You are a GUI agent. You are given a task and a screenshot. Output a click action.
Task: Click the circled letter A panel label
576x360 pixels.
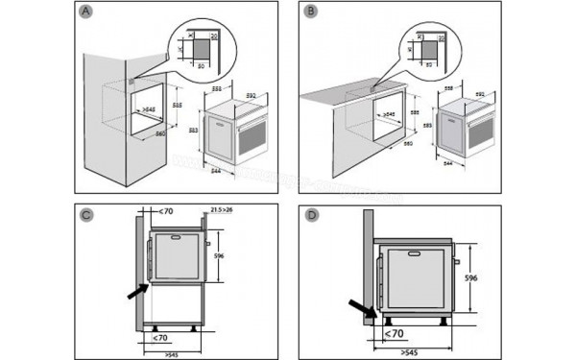(x=87, y=12)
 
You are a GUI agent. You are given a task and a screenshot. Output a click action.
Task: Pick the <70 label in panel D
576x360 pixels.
(x=394, y=333)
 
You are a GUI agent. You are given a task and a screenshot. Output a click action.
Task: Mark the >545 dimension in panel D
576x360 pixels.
(x=415, y=350)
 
